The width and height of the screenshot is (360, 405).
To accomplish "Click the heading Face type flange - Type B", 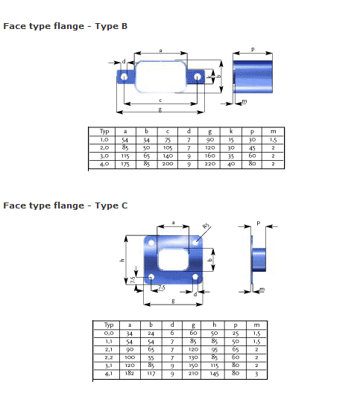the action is [65, 26].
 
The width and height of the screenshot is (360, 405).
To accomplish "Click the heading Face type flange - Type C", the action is [65, 206].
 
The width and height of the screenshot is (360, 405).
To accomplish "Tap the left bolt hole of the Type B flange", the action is [124, 77].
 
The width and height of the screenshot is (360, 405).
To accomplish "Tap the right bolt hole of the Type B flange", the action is [198, 77].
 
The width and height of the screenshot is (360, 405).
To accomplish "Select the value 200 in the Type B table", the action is [168, 164].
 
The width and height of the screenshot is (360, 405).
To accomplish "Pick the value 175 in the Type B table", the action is [125, 164].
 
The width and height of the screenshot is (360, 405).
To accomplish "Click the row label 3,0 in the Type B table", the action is [104, 156].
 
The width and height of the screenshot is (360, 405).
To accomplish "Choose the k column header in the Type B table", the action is [231, 131].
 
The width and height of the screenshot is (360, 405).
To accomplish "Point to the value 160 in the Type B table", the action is [209, 156].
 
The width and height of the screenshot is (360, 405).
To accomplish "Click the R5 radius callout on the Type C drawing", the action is [206, 226].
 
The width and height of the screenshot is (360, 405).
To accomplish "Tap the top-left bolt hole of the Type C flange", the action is [151, 243].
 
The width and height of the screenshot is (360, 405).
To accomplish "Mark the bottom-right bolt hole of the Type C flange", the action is [195, 277].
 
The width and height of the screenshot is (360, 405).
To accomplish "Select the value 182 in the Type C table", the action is [130, 373].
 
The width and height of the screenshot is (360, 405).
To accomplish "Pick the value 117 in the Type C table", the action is [151, 374].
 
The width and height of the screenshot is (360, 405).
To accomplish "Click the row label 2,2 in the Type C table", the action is [109, 357].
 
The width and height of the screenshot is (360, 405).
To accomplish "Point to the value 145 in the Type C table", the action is [215, 374].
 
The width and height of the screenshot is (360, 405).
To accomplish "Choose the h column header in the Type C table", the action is [215, 325].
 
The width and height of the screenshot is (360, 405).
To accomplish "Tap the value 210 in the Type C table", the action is [193, 373].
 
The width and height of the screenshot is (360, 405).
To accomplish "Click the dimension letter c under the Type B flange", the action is [160, 101].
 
